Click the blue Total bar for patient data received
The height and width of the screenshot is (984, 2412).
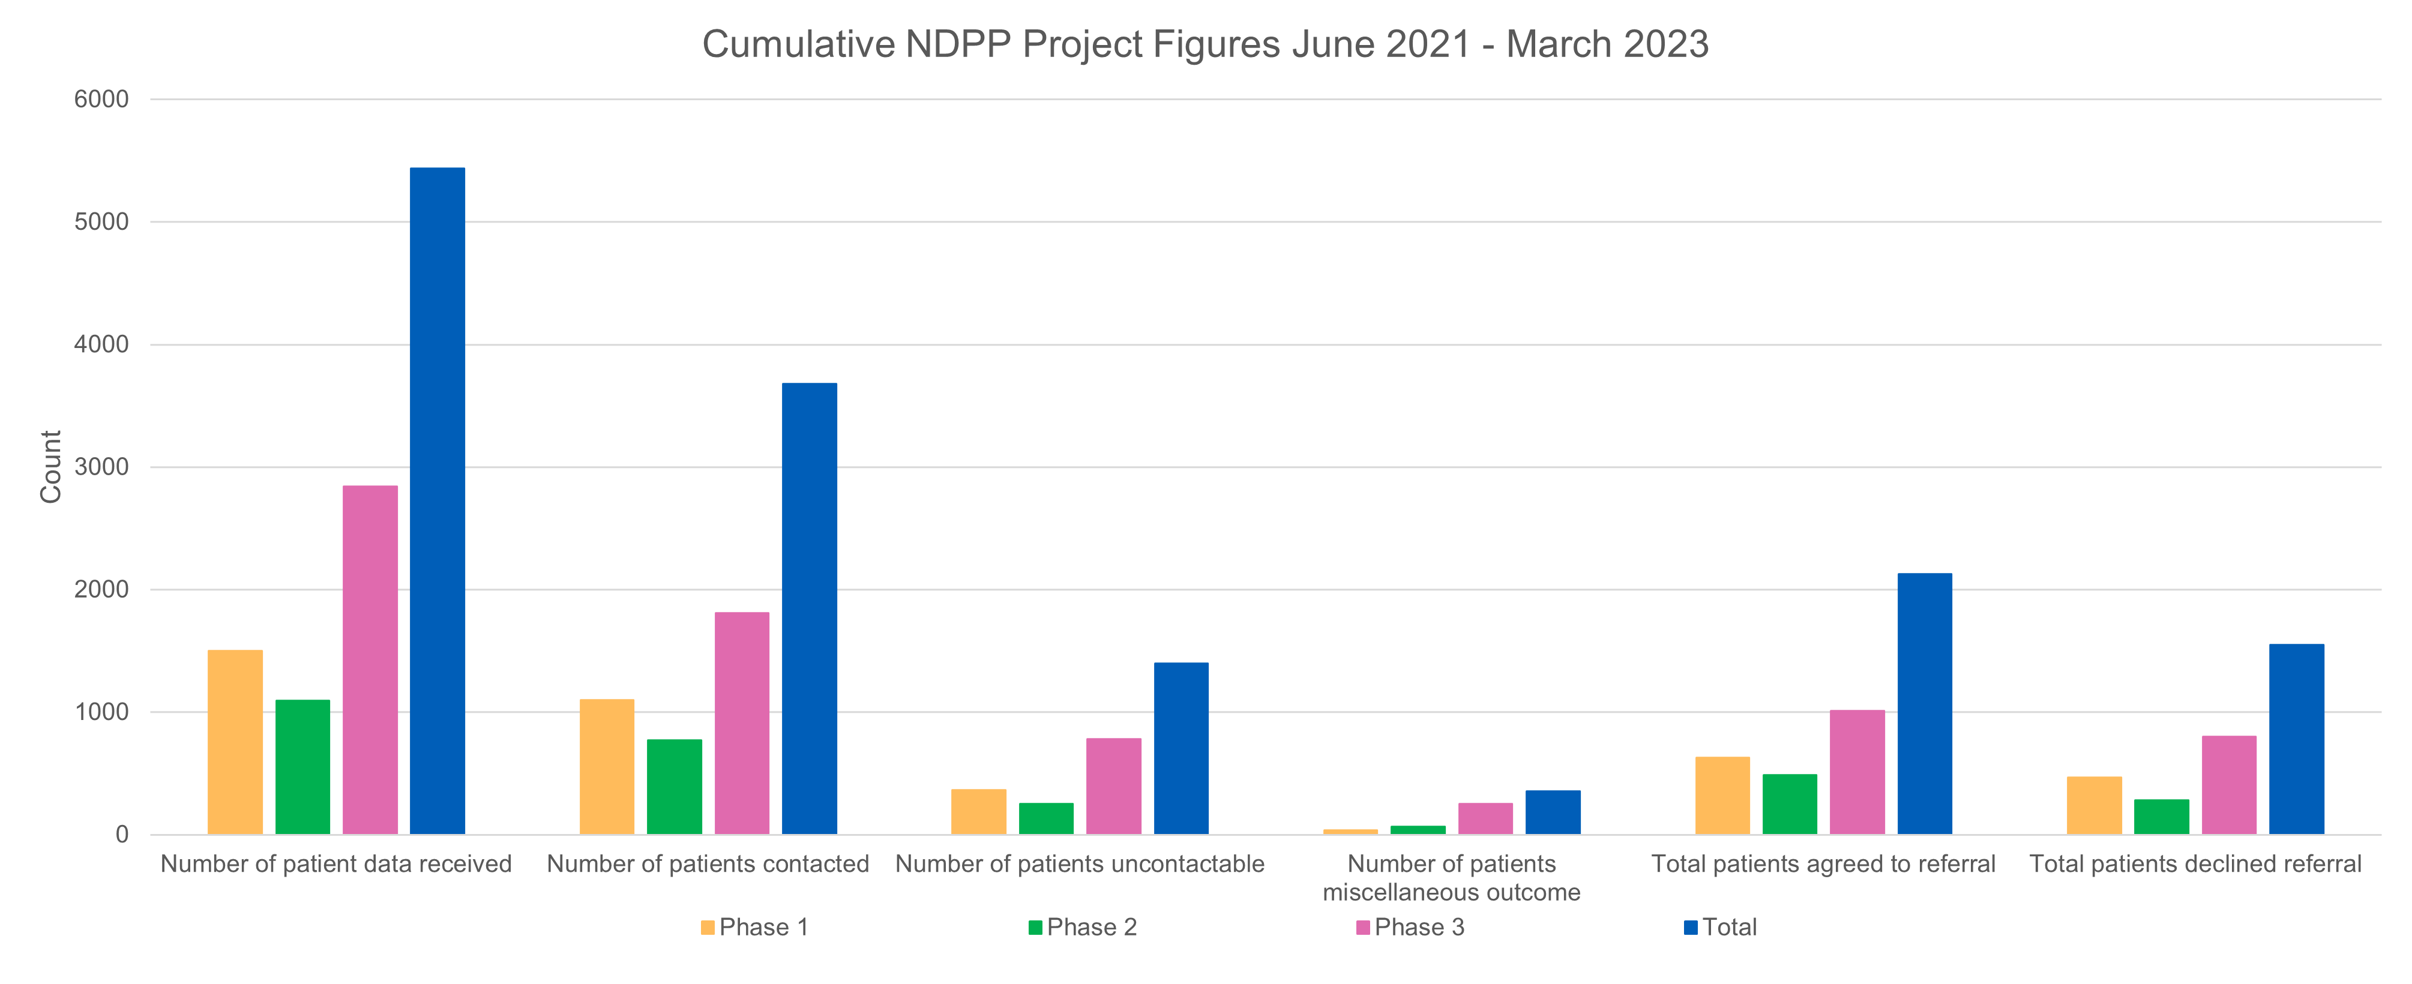click(438, 501)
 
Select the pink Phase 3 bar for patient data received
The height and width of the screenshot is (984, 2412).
click(370, 660)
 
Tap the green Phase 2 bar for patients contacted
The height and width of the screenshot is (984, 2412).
click(674, 787)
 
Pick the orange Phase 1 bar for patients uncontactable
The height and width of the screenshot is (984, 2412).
click(978, 812)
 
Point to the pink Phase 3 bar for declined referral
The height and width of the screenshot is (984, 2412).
click(2228, 785)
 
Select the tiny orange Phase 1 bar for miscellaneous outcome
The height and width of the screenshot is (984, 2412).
click(1350, 830)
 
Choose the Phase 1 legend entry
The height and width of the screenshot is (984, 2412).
click(754, 927)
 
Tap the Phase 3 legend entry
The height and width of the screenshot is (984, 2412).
click(1410, 927)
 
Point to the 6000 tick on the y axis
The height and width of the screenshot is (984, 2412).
click(102, 99)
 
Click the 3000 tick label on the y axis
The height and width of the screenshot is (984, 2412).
click(102, 467)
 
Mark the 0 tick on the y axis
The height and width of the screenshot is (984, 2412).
click(122, 834)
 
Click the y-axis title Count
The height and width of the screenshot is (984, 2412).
click(50, 466)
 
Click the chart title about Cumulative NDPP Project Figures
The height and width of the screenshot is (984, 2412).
click(1205, 44)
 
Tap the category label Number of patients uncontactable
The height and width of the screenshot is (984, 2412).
click(1080, 863)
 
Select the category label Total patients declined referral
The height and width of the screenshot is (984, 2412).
click(2195, 863)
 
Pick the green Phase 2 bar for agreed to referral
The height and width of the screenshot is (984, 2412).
click(1789, 804)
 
